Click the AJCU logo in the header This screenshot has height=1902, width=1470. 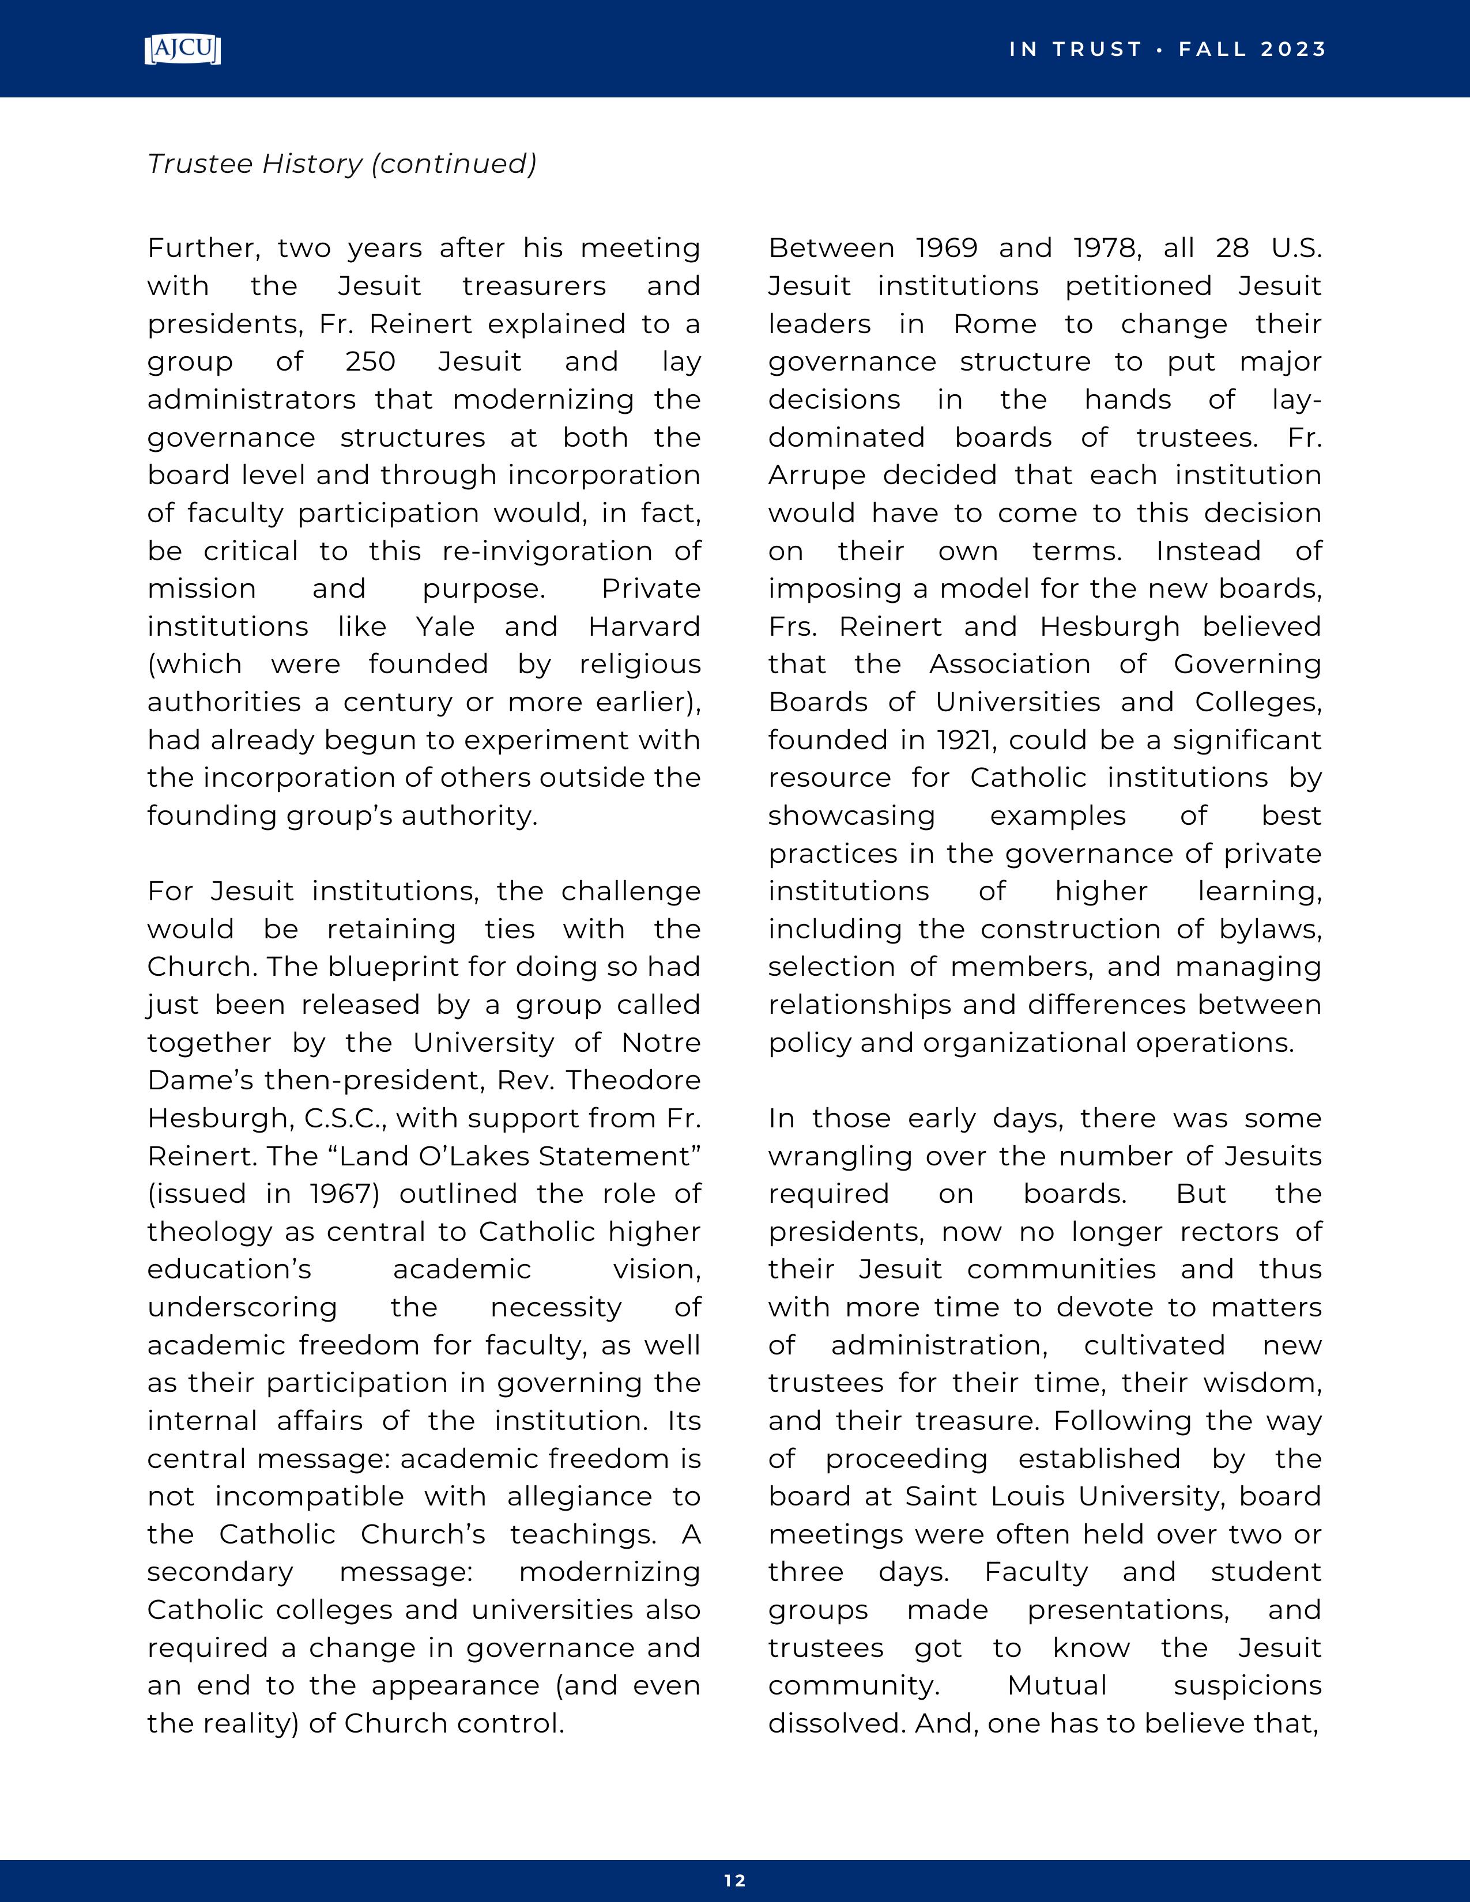pos(182,50)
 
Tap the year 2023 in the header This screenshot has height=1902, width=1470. pos(1293,50)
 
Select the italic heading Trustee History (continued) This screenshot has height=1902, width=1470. pos(341,164)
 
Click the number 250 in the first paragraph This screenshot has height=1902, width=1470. pos(371,361)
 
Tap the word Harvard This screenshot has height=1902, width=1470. pos(644,626)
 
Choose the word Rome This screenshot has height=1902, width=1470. pos(994,324)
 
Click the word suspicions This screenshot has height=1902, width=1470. pos(1247,1685)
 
